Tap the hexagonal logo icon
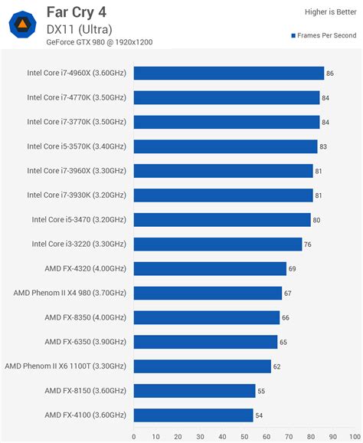pyautogui.click(x=23, y=25)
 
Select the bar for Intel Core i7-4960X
pyautogui.click(x=228, y=73)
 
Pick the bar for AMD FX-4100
pyautogui.click(x=193, y=415)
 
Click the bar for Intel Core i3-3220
pyautogui.click(x=217, y=244)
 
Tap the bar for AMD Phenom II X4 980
pyautogui.click(x=208, y=293)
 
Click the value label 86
pyautogui.click(x=330, y=74)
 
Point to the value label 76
pyautogui.click(x=308, y=244)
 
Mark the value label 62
pyautogui.click(x=277, y=366)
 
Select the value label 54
pyautogui.click(x=259, y=415)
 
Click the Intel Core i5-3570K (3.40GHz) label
pyautogui.click(x=77, y=146)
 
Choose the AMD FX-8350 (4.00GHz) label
pyautogui.click(x=85, y=317)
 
